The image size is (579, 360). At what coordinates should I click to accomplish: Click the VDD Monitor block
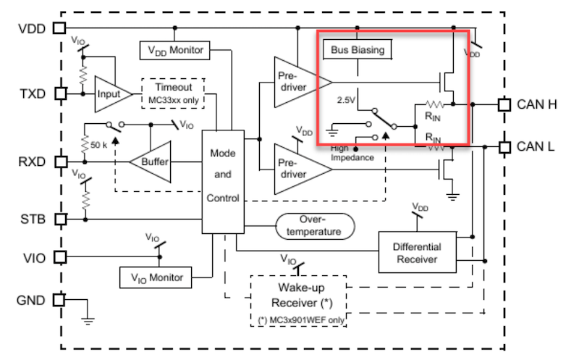174,51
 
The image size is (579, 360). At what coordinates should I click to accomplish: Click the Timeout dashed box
173,92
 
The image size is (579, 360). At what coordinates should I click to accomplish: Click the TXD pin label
32,94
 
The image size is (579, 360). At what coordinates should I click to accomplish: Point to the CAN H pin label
536,104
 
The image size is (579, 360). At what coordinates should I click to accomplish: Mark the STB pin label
32,218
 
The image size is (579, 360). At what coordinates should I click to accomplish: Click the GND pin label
32,300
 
